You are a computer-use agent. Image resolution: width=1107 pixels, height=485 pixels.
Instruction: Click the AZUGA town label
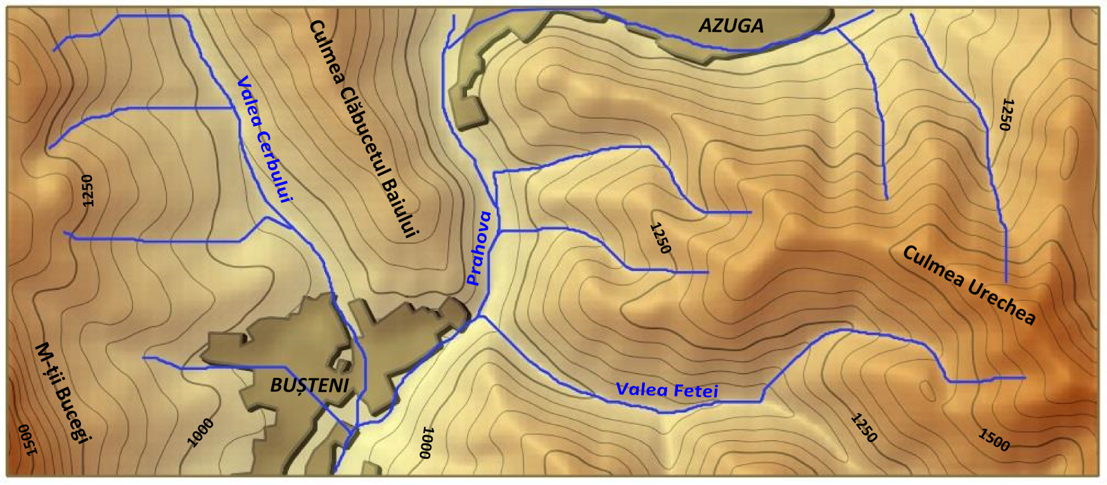731,26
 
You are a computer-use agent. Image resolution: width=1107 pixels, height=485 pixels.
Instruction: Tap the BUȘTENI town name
309,386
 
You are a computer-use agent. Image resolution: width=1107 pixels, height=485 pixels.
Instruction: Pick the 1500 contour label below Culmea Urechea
994,439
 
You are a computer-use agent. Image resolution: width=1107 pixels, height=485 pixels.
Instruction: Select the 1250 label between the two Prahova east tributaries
660,238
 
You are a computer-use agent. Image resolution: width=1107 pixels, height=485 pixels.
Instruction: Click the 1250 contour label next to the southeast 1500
863,428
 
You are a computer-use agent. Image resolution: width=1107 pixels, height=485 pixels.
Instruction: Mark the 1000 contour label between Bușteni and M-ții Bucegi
201,432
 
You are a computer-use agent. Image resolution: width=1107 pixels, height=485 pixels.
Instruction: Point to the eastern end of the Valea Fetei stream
1024,378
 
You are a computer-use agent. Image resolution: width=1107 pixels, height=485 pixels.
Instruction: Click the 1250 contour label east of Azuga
1006,114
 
